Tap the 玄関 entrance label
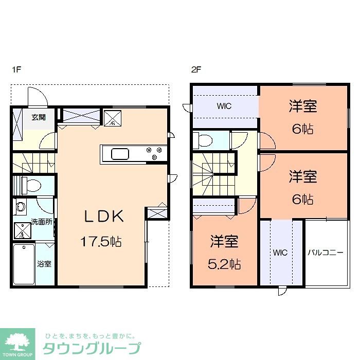[38, 117]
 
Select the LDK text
[104, 217]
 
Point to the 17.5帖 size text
[101, 241]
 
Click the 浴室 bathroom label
[44, 264]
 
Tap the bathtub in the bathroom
[24, 264]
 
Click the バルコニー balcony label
[326, 253]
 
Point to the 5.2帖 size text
[225, 264]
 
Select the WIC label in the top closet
[224, 106]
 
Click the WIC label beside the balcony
[280, 253]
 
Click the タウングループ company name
[91, 348]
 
